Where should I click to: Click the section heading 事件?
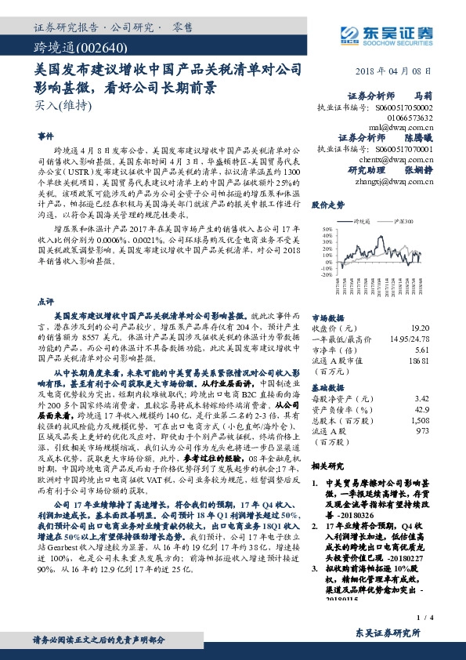pyautogui.click(x=45, y=136)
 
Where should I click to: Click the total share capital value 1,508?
pyautogui.click(x=420, y=419)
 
